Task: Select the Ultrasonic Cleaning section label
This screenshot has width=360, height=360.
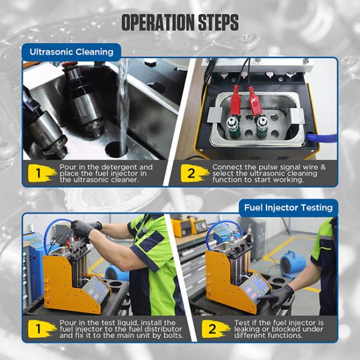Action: [x=71, y=52]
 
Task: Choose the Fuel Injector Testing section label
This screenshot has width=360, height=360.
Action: [x=288, y=208]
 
